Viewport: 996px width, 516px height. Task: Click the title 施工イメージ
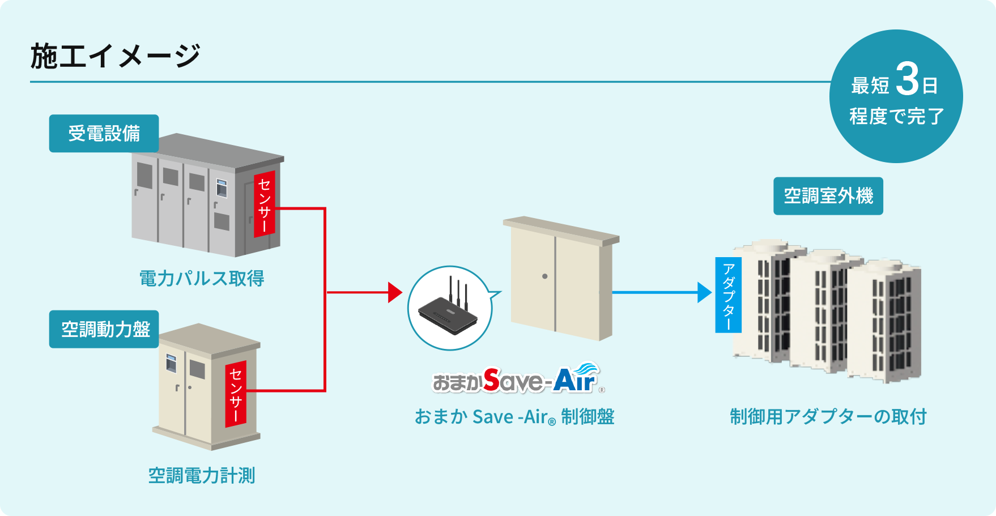115,56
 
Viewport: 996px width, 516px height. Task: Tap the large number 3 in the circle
907,79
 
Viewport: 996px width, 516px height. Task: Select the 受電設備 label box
104,134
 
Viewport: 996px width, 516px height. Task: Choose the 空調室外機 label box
828,196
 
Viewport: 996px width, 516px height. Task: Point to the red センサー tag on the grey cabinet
264,204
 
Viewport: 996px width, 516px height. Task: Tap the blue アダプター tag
729,295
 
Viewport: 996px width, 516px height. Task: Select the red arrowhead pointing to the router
395,292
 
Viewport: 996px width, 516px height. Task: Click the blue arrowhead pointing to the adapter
704,292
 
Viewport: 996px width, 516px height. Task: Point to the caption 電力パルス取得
202,278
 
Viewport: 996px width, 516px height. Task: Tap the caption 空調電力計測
202,475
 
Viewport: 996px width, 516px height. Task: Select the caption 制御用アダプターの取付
828,416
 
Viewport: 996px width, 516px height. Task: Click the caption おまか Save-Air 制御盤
514,417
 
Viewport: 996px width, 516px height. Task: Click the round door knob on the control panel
544,276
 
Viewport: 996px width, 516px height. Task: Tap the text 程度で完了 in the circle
896,117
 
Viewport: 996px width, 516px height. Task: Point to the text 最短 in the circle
870,86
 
